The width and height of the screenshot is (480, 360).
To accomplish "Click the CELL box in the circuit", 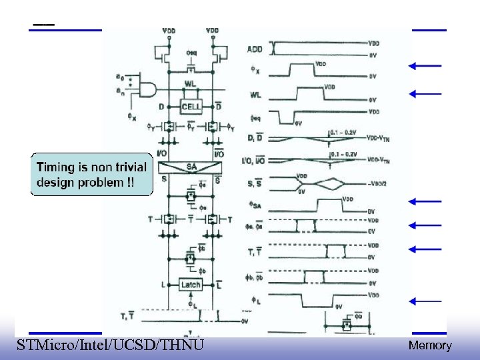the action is [x=191, y=107].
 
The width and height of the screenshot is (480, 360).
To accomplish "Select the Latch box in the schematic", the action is [x=191, y=285].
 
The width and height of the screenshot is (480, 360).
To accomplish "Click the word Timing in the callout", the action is [x=56, y=168].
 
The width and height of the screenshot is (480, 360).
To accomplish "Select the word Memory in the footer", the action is [x=429, y=345].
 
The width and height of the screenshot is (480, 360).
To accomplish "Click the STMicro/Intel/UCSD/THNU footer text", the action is [x=110, y=345].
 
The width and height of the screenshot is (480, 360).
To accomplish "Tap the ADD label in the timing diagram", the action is [x=255, y=49].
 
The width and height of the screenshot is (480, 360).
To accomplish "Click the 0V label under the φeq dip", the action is [x=299, y=123].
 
